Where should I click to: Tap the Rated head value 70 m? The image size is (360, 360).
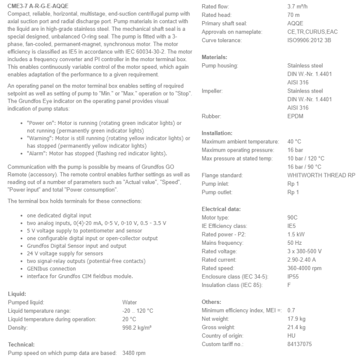click(x=294, y=15)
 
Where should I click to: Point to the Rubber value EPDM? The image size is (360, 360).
click(x=296, y=116)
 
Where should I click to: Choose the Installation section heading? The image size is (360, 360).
click(x=218, y=133)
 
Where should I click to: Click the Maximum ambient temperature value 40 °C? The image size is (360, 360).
click(x=295, y=141)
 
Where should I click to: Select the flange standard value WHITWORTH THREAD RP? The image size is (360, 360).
click(x=321, y=175)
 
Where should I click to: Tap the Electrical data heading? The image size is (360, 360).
click(x=222, y=209)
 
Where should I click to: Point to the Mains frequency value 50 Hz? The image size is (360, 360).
click(x=295, y=243)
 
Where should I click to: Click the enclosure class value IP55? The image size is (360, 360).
click(x=294, y=276)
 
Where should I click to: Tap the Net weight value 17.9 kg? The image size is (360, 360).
click(x=296, y=318)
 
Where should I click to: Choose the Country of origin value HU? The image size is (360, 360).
click(x=292, y=335)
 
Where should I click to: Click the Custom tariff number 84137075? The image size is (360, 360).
click(x=300, y=344)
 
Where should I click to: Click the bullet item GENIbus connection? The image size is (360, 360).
click(x=52, y=268)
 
